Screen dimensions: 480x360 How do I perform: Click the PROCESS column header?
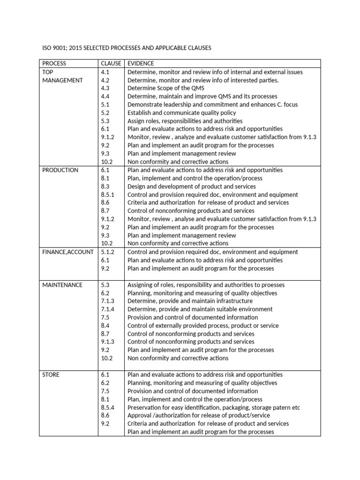[54, 63]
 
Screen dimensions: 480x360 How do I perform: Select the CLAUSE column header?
[111, 63]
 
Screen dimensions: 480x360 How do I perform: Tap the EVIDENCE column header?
[141, 63]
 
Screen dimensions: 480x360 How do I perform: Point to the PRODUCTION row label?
[60, 170]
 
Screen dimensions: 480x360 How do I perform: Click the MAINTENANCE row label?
[62, 285]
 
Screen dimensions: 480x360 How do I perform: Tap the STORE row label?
[51, 375]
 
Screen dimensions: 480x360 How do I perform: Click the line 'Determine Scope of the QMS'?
[166, 88]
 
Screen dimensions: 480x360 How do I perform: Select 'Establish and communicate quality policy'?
[182, 113]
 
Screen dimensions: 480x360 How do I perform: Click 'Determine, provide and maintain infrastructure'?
[190, 301]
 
